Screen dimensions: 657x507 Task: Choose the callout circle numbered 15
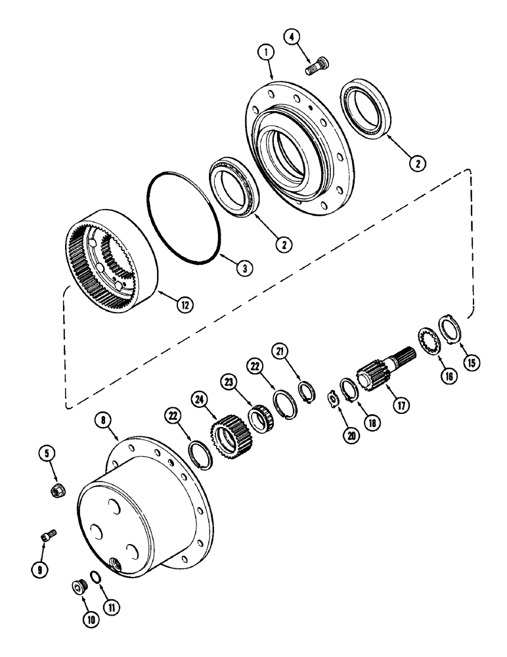(x=470, y=361)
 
